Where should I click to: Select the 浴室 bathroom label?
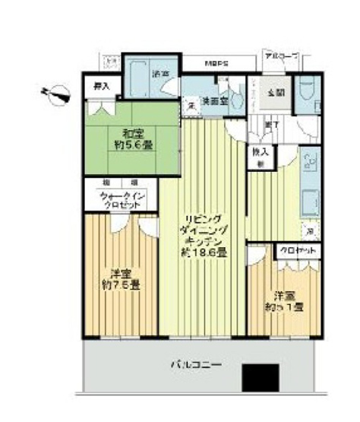[x=160, y=75]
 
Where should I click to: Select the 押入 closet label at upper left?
[x=101, y=87]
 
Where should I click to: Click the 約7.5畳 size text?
[x=120, y=285]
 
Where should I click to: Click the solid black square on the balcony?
[x=261, y=378]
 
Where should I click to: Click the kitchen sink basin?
[x=311, y=202]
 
